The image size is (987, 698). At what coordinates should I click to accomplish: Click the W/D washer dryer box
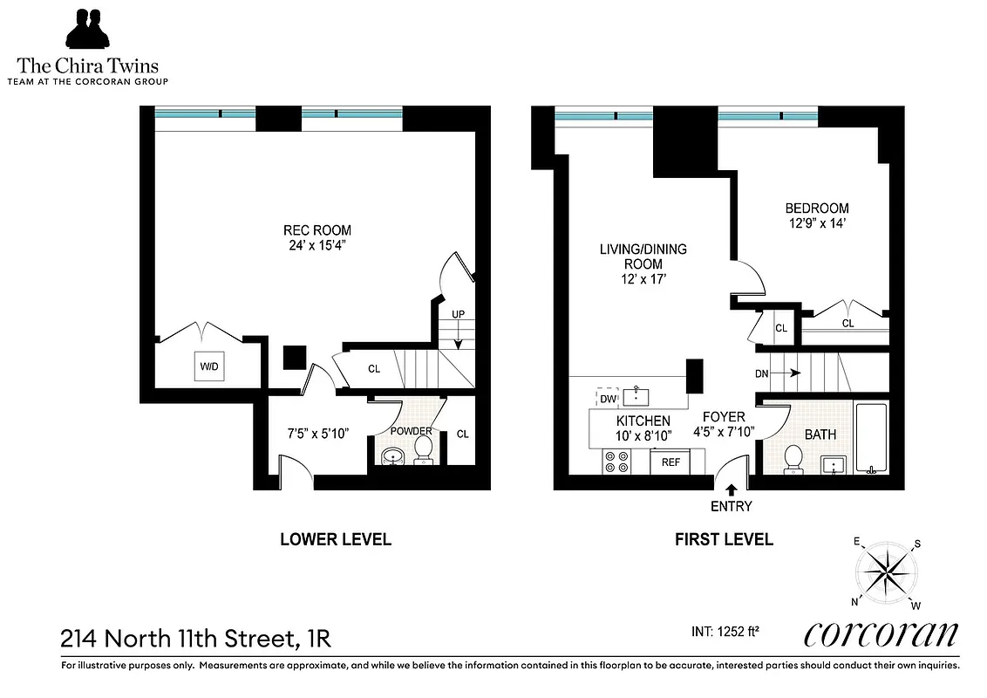point(209,367)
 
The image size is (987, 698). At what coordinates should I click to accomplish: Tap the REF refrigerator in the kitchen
point(670,462)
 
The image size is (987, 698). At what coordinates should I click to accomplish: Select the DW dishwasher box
point(607,399)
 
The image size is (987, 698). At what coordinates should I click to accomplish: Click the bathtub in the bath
point(871,438)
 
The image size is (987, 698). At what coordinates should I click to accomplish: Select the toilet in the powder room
point(423,449)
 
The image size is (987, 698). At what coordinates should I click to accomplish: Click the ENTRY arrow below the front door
point(731,490)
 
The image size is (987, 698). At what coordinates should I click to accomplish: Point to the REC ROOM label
point(317,230)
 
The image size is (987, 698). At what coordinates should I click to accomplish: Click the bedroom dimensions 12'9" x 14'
point(816,224)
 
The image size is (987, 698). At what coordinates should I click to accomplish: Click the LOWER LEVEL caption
point(335,539)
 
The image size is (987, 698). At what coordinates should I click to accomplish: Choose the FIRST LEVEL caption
point(724,539)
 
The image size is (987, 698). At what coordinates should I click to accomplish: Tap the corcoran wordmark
point(881,633)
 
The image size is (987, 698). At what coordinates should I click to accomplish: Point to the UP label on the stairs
point(458,313)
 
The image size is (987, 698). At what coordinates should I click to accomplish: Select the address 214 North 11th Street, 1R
point(196,639)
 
